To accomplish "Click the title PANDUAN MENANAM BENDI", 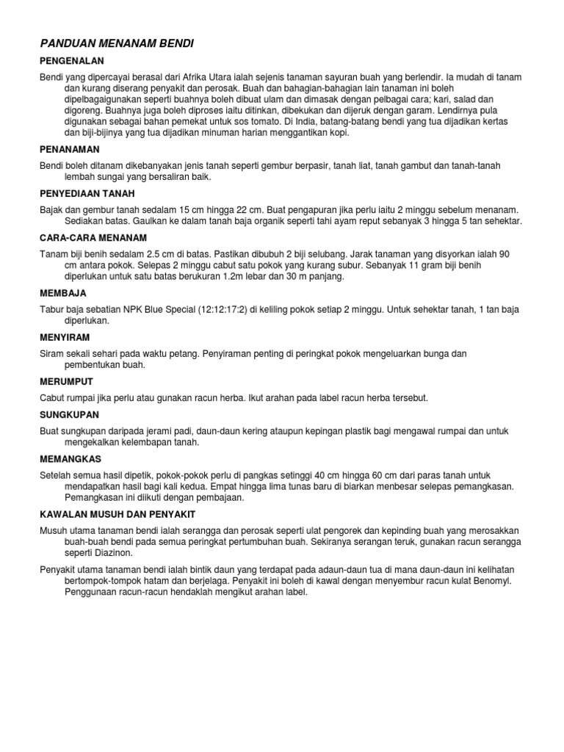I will click(117, 44).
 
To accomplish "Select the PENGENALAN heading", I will click(72, 61).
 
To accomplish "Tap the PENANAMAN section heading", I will click(69, 149).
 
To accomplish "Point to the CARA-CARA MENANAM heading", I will click(93, 237).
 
